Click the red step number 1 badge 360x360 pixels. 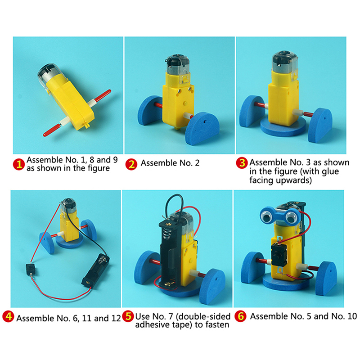pyautogui.click(x=19, y=164)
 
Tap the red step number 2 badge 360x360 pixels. pyautogui.click(x=131, y=164)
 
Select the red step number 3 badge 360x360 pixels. pyautogui.click(x=242, y=163)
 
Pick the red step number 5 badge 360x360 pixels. pyautogui.click(x=128, y=316)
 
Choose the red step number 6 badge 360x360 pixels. pyautogui.click(x=241, y=316)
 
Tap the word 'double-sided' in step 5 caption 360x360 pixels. pyautogui.click(x=203, y=317)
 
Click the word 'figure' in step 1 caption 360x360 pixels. pyautogui.click(x=99, y=168)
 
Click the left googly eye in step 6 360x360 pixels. pyautogui.click(x=266, y=215)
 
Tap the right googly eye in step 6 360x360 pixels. pyautogui.click(x=291, y=216)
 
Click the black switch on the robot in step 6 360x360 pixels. pyautogui.click(x=278, y=255)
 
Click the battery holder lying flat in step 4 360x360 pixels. pyautogui.click(x=96, y=270)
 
